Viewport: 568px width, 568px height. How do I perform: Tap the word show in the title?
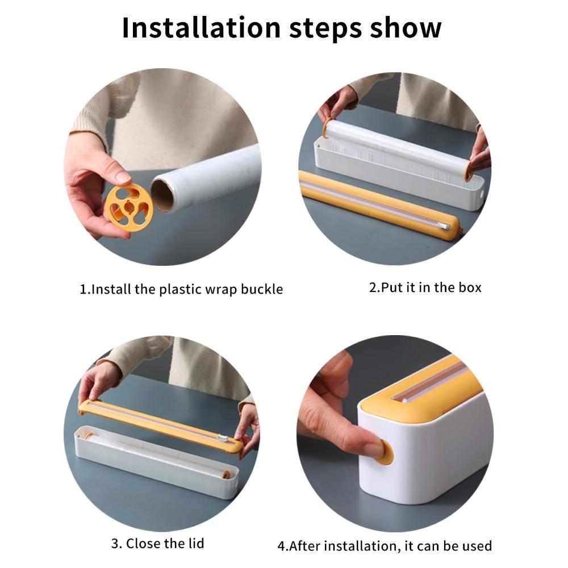pyautogui.click(x=407, y=27)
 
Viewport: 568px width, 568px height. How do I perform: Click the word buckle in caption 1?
pyautogui.click(x=261, y=289)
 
